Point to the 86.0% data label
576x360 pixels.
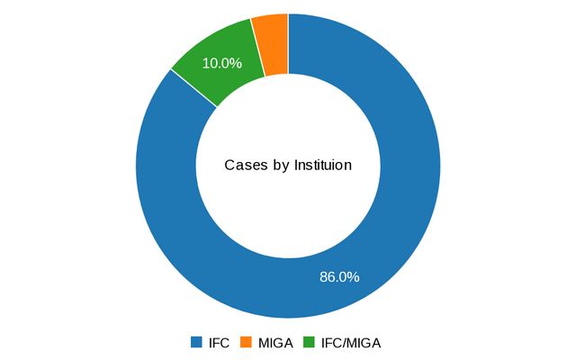tap(339, 277)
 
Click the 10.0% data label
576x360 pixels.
tap(222, 63)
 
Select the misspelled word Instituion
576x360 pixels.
tap(320, 166)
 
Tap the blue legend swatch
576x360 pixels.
tap(196, 343)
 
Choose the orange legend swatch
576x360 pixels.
tap(246, 343)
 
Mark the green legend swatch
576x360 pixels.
tap(309, 343)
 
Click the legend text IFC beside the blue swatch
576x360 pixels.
tap(219, 343)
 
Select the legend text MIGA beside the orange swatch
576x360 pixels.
tap(275, 343)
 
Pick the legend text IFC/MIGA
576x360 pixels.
tap(353, 343)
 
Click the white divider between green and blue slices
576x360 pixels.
tap(193, 87)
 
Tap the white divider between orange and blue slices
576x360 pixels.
tap(288, 43)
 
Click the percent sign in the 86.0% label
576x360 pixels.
tap(354, 277)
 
